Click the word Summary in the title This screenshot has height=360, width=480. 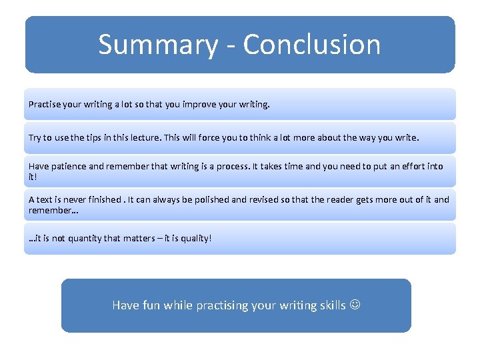click(157, 45)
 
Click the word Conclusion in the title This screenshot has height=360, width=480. click(312, 45)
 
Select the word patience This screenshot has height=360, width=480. click(69, 167)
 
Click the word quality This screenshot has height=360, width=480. click(193, 238)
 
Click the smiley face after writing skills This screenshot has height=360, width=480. click(355, 305)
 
